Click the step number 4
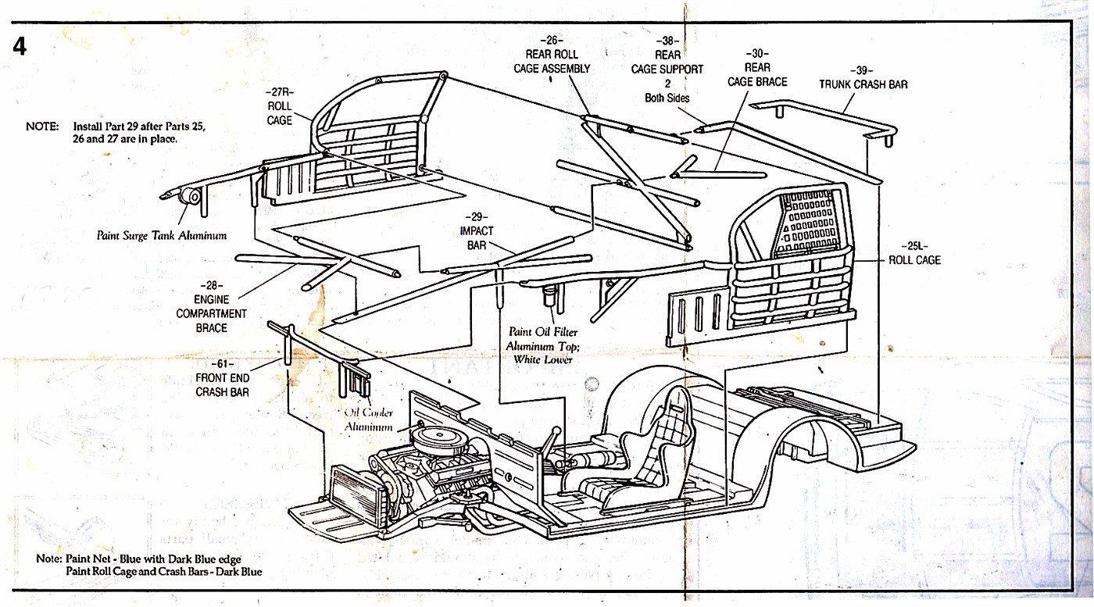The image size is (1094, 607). tap(20, 47)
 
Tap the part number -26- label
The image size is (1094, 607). tap(552, 40)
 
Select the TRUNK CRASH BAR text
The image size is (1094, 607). tap(863, 84)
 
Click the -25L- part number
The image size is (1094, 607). tap(914, 246)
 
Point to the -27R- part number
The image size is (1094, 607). tap(280, 92)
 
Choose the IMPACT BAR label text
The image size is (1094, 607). tap(477, 237)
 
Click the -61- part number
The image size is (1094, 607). tap(222, 364)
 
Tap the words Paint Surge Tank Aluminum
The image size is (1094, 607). tap(162, 235)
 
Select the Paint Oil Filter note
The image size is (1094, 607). tap(542, 346)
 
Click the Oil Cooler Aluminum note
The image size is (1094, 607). tap(369, 420)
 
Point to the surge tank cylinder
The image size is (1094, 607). tap(190, 196)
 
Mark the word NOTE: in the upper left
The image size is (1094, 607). tap(42, 127)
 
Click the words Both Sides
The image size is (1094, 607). tap(667, 98)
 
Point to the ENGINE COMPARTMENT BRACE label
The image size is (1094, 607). tap(212, 313)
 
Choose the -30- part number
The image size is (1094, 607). tap(757, 53)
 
